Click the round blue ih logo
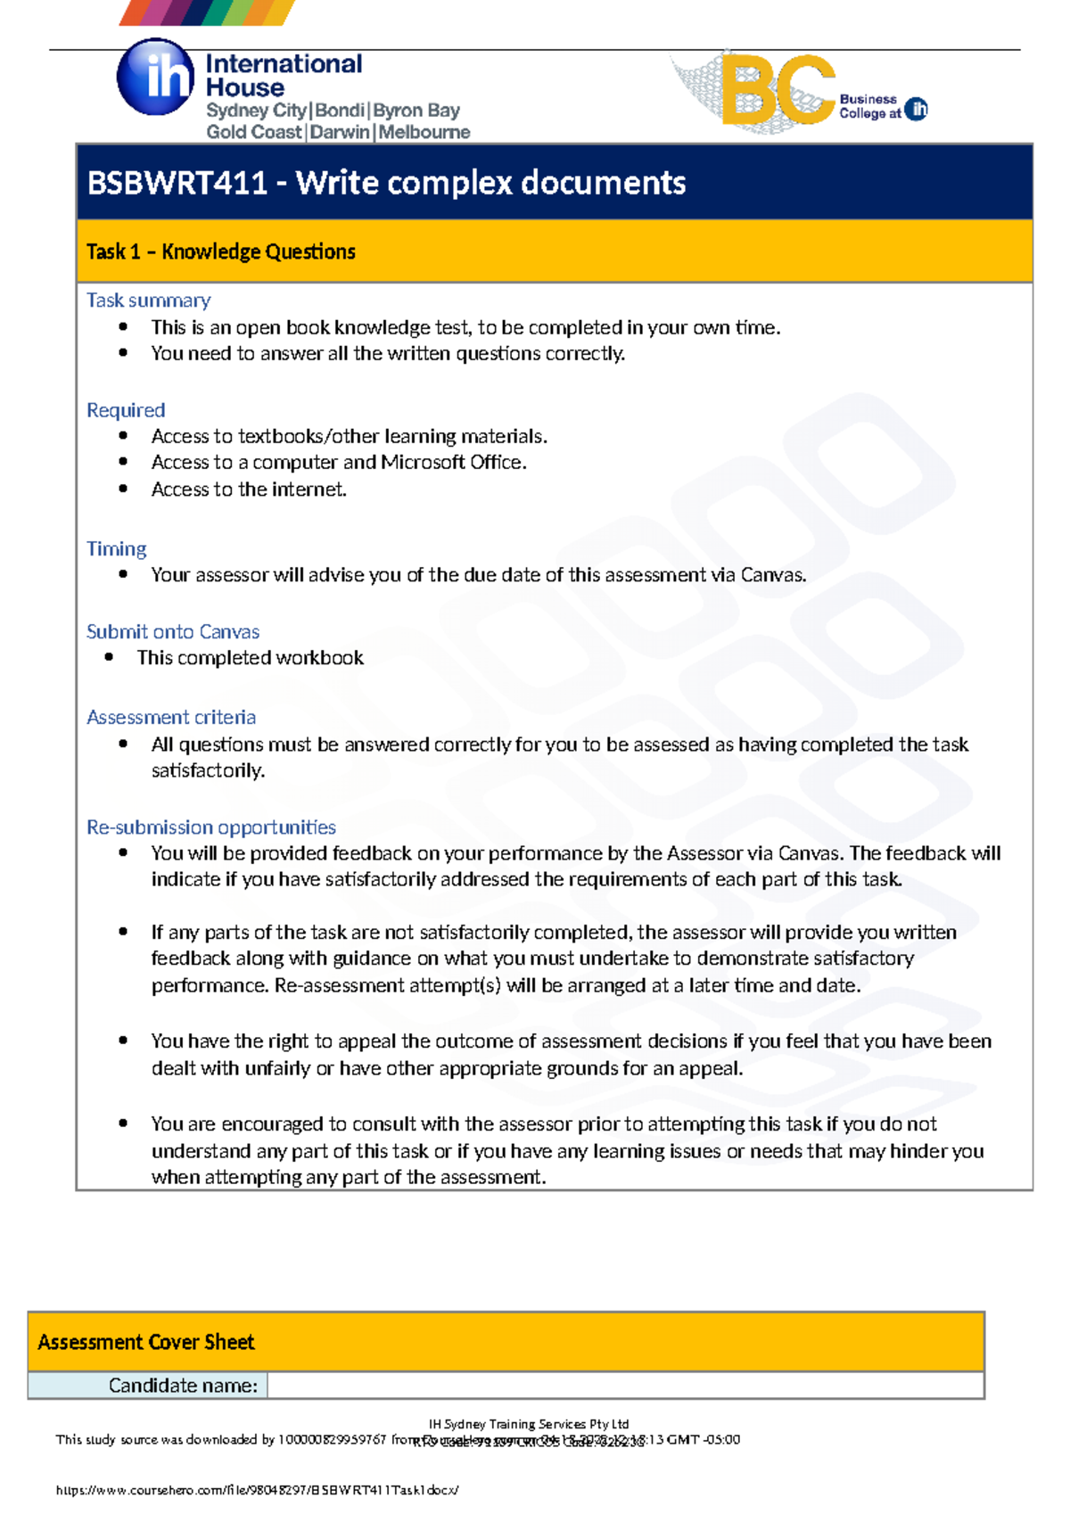coord(155,78)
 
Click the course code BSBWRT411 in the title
coord(177,184)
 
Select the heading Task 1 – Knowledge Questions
coord(220,252)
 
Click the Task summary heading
coord(148,300)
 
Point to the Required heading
coord(126,410)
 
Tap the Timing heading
coord(116,548)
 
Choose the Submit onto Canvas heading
coord(172,631)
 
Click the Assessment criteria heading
coord(170,717)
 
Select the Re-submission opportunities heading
coord(210,827)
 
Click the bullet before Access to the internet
coord(123,489)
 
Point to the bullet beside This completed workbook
coord(109,657)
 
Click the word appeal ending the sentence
coord(710,1068)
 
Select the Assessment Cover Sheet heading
coord(145,1342)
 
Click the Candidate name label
coord(183,1386)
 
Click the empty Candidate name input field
coord(624,1386)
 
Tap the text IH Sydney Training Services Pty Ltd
coord(529,1424)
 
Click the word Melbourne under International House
coord(424,132)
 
